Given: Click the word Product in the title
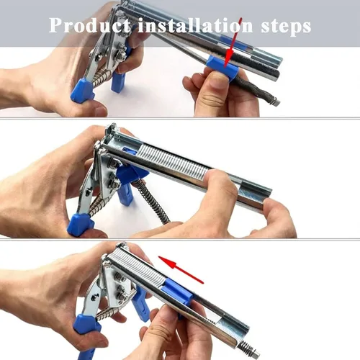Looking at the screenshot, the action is tap(90, 25).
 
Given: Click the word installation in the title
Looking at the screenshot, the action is tap(195, 25).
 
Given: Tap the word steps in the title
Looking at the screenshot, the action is tap(286, 27).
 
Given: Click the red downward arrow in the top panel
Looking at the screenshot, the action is tap(233, 42).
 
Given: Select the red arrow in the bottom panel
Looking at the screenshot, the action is tap(181, 270).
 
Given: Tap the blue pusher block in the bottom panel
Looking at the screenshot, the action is tap(177, 292).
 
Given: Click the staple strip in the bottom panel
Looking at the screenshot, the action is tap(137, 265).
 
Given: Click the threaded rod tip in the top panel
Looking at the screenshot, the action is tap(276, 102).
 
